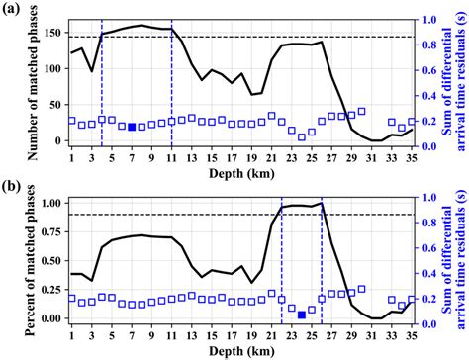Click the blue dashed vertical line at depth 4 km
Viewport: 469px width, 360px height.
click(101, 79)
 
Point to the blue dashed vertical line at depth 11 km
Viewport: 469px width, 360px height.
click(171, 79)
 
